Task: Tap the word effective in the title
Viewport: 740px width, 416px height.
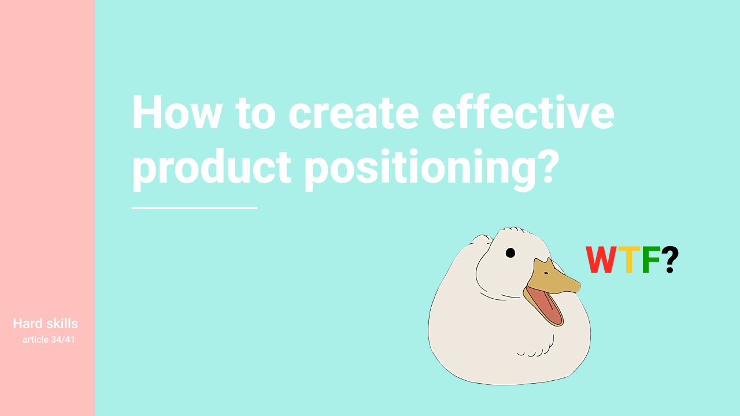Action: [x=523, y=112]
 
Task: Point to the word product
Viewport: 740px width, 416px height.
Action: [x=212, y=169]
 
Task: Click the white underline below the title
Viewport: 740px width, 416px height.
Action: [x=194, y=208]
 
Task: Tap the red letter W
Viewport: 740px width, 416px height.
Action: [x=601, y=259]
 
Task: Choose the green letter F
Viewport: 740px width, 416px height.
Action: [x=651, y=259]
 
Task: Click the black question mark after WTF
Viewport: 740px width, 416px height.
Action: [x=670, y=259]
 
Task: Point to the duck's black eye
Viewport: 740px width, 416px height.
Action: [x=510, y=253]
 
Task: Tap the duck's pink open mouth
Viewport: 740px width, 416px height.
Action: [x=545, y=306]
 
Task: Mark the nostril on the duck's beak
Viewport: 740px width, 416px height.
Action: [x=546, y=273]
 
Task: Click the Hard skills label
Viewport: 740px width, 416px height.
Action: [x=45, y=324]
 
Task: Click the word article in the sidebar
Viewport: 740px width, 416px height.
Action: [x=35, y=339]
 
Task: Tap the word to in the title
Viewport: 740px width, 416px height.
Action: [x=255, y=113]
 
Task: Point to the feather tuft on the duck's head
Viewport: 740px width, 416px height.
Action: [x=512, y=230]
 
